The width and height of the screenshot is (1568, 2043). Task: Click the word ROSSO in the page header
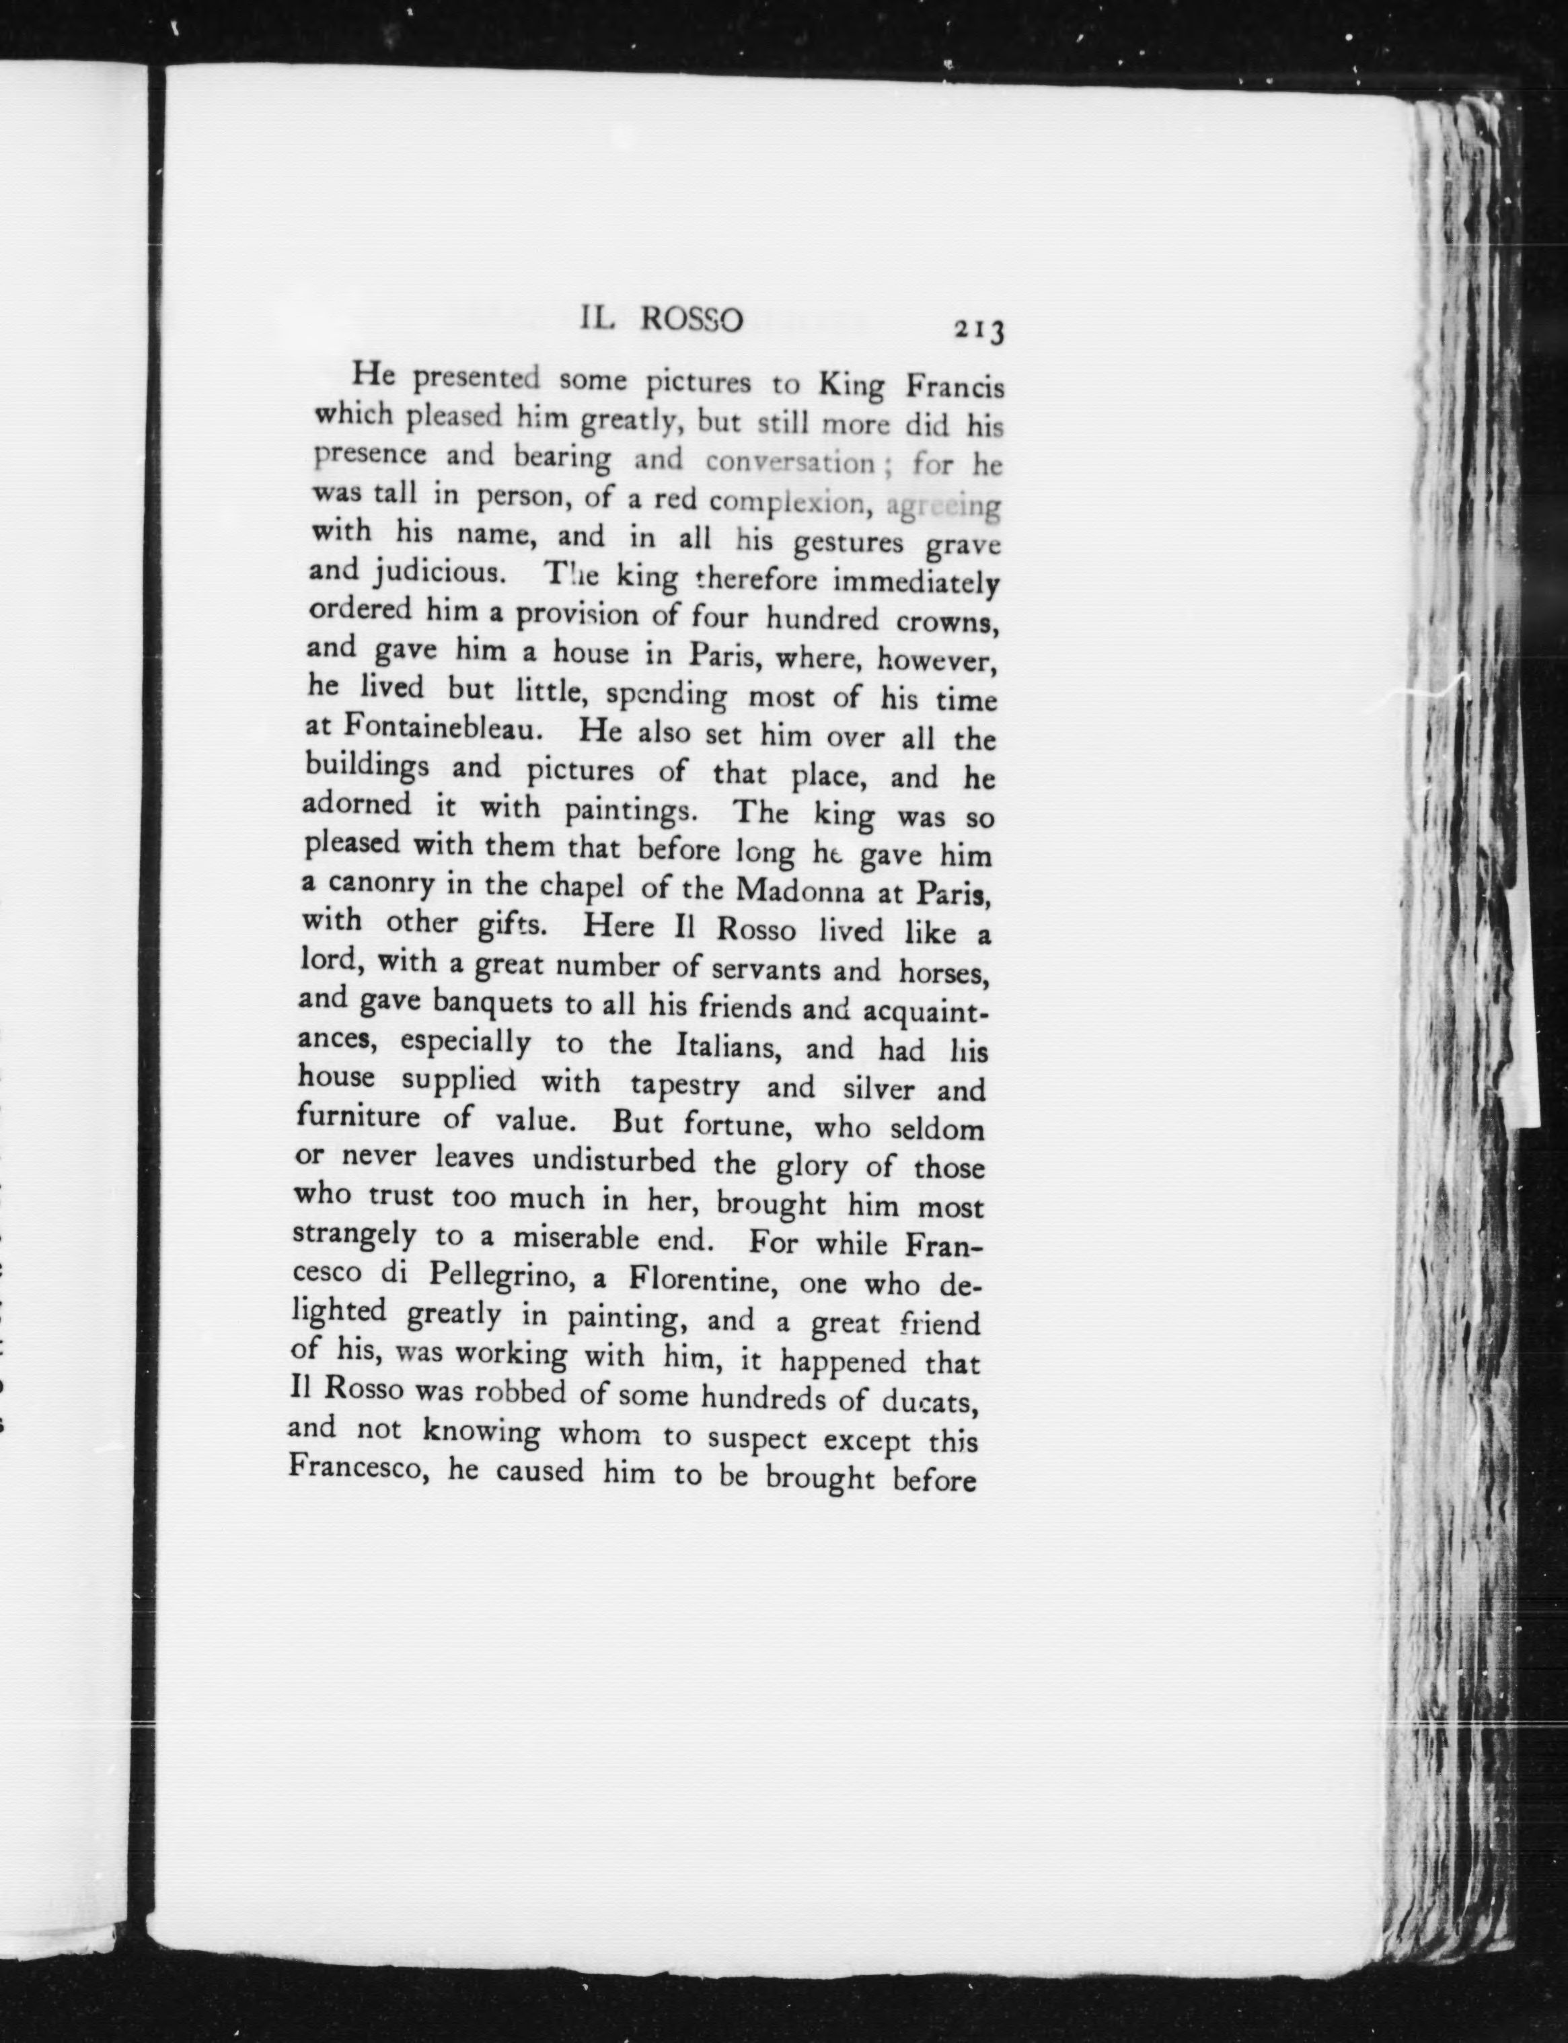[x=692, y=320]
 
